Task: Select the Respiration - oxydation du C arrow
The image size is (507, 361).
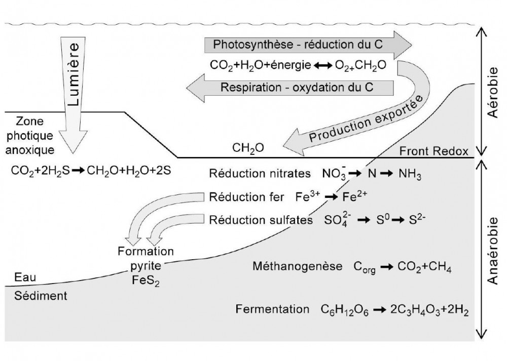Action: point(297,87)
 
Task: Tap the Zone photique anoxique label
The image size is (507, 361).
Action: point(31,136)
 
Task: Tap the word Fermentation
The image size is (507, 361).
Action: point(272,309)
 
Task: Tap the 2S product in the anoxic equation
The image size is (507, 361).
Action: point(162,171)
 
